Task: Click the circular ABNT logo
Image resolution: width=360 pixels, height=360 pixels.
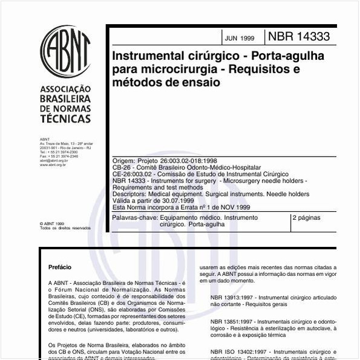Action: point(65,51)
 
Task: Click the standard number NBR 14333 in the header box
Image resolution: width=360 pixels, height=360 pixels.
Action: point(300,37)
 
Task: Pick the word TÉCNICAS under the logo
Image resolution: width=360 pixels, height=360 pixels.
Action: point(64,120)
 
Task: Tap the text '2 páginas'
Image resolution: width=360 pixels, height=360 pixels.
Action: point(306,217)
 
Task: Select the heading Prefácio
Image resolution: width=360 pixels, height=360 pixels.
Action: point(60,267)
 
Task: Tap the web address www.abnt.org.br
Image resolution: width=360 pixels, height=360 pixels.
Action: point(53,164)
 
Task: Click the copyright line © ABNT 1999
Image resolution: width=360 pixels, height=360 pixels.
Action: point(51,223)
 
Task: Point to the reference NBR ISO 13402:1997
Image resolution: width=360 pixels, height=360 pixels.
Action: point(241,351)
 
